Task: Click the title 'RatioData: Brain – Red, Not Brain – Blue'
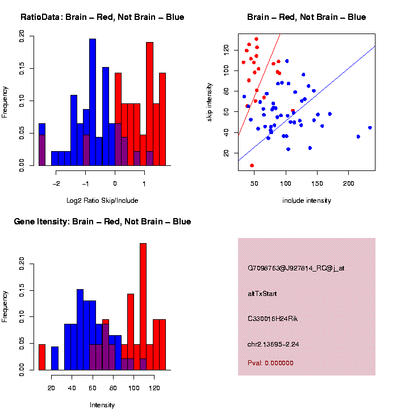point(102,17)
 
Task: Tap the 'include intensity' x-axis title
point(307,201)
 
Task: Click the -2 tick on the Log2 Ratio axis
point(57,184)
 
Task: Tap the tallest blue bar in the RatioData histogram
point(93,102)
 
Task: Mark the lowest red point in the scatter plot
point(252,165)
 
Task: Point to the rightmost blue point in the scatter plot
point(370,128)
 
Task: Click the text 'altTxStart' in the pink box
point(262,294)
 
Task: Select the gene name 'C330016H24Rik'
point(273,319)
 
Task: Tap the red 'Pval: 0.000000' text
point(270,363)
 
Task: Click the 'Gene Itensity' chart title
point(102,222)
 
